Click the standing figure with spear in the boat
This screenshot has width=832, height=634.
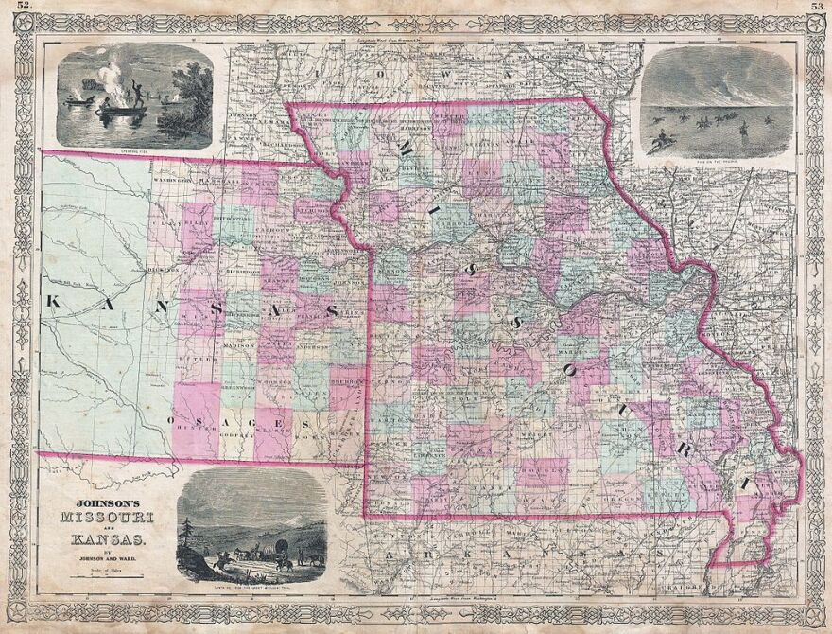(138, 94)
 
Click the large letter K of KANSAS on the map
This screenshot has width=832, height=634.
(53, 302)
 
